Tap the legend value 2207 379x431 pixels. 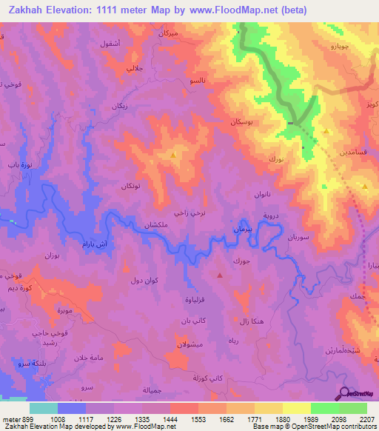[366, 418]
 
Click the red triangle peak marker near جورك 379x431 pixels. [219, 275]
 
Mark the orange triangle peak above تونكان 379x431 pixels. [173, 156]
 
